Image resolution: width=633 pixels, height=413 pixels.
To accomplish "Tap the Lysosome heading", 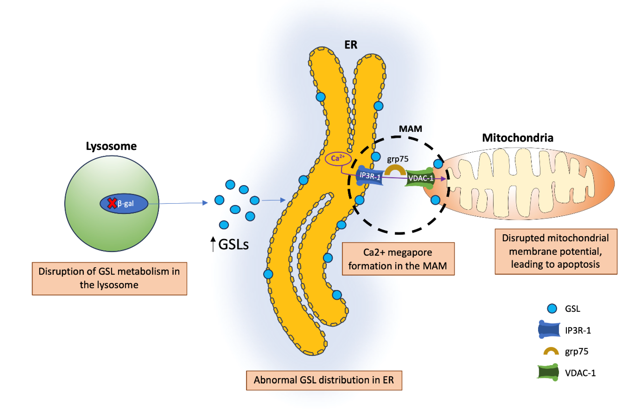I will (111, 146).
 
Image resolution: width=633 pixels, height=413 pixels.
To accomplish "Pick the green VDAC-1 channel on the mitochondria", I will (420, 178).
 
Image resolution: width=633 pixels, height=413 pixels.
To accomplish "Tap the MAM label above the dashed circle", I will (410, 129).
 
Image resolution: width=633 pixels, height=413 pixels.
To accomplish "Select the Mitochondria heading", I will (518, 138).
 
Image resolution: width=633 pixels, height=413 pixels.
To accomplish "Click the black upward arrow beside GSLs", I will (213, 243).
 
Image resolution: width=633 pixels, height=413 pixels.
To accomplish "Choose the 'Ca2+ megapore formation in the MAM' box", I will (398, 259).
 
